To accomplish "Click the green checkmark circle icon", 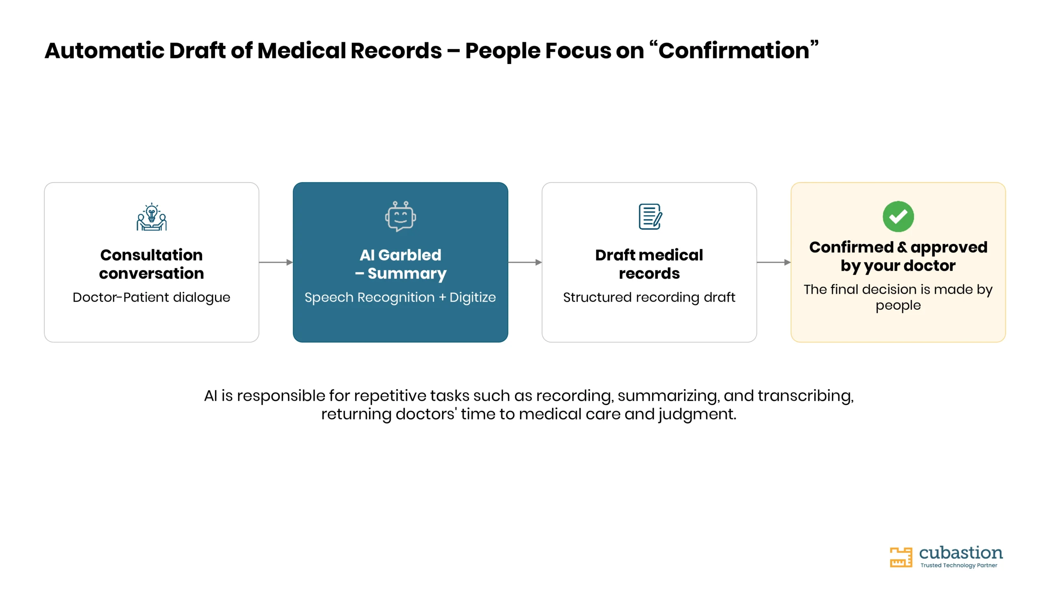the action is [898, 216].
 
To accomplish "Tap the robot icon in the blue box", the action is [400, 216].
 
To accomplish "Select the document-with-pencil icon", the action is [650, 216].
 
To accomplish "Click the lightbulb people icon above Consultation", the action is [152, 217].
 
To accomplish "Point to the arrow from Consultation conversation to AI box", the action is [276, 262].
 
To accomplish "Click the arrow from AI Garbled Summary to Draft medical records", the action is [525, 262].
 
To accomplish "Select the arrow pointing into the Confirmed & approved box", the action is [774, 262].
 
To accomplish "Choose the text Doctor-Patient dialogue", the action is [151, 297].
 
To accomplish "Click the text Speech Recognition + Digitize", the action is [400, 297].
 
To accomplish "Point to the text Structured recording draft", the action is [649, 297].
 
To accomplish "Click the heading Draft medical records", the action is [649, 264].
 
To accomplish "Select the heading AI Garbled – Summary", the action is [400, 264].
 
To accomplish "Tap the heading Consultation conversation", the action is [151, 264].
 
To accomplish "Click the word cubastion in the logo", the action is [961, 553].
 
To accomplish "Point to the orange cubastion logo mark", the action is [901, 557].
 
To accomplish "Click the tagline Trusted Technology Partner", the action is [959, 565].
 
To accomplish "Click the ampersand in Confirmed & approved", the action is [902, 247].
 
